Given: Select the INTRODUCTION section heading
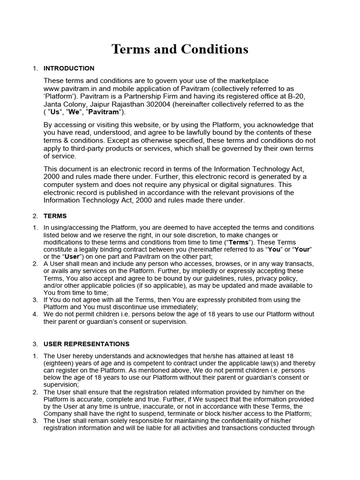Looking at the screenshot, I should coord(69,68).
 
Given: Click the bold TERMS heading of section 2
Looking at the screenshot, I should coord(55,216).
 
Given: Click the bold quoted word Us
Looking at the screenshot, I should coord(56,112).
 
